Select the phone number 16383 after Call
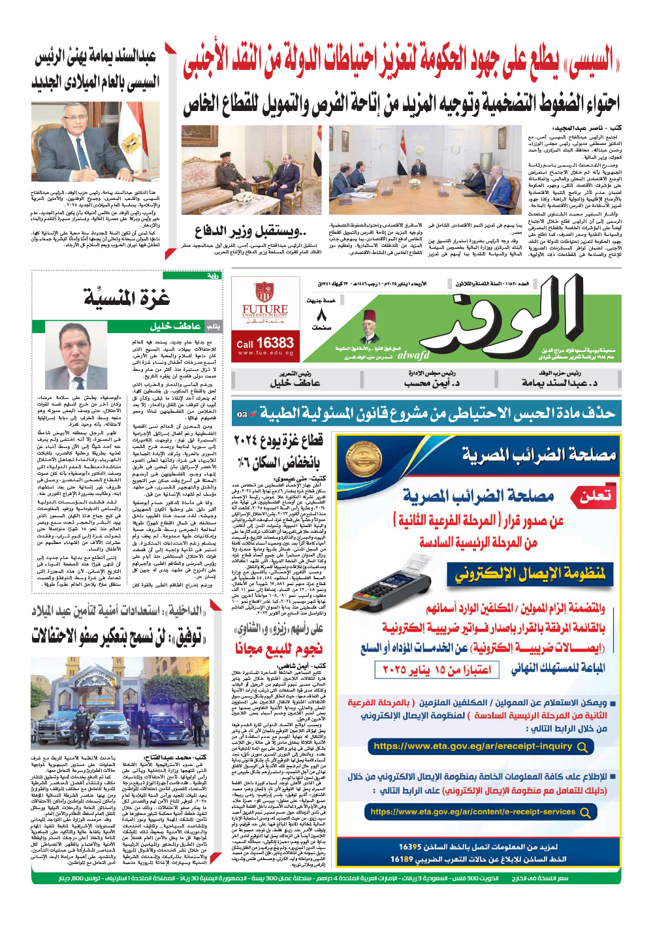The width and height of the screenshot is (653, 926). click(x=274, y=343)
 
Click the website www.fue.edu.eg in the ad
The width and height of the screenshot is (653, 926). click(x=265, y=353)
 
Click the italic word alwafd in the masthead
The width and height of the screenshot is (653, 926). click(x=413, y=355)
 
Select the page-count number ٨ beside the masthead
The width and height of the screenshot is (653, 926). click(x=321, y=315)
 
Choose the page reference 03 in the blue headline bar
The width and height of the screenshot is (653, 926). click(x=242, y=415)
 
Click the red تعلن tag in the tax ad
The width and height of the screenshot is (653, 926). click(x=596, y=496)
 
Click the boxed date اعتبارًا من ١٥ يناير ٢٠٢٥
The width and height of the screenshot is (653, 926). click(x=437, y=669)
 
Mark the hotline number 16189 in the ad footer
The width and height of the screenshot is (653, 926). click(x=402, y=859)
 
